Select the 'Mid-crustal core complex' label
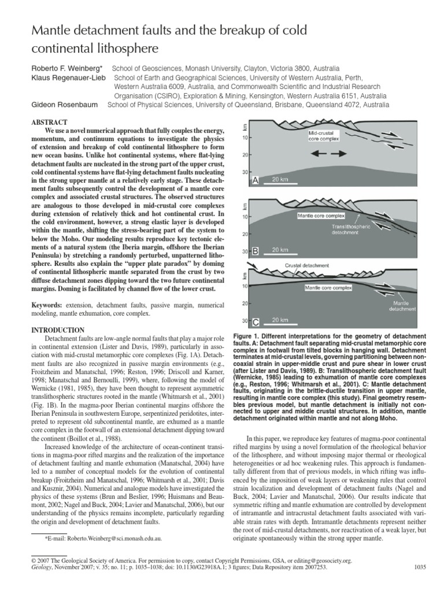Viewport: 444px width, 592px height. click(x=323, y=136)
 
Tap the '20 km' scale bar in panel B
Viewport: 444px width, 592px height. click(x=280, y=250)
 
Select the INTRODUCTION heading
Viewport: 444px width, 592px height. click(x=55, y=330)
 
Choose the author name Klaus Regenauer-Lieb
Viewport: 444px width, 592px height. click(x=67, y=77)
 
